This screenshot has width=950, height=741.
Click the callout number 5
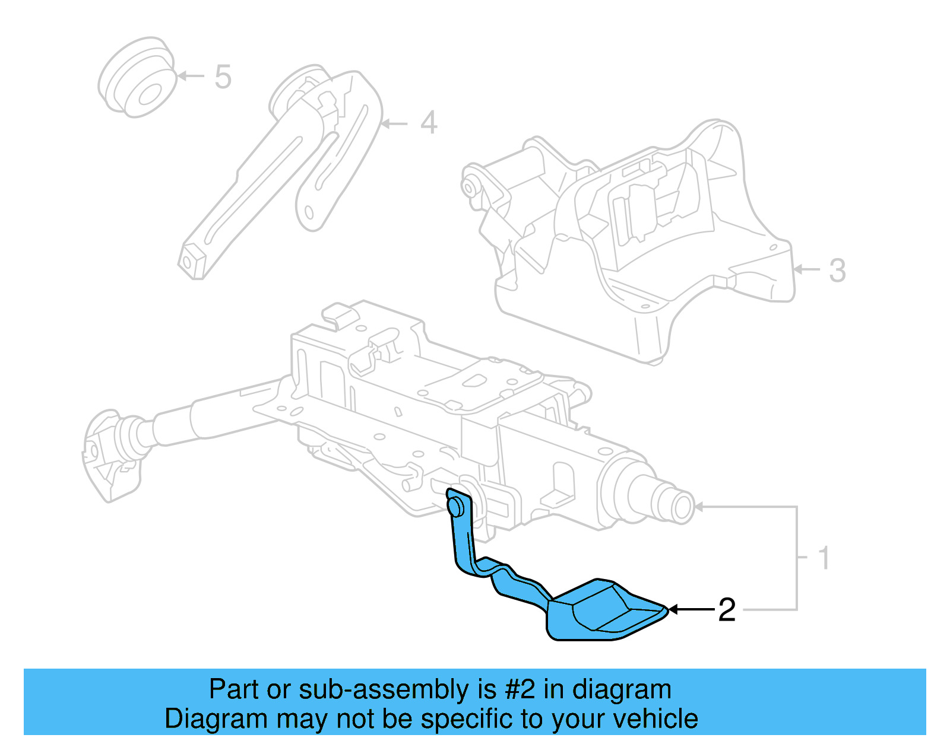pyautogui.click(x=223, y=77)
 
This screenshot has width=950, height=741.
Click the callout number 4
pyautogui.click(x=429, y=123)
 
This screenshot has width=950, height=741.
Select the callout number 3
pyautogui.click(x=837, y=271)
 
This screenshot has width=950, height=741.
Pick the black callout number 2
pyautogui.click(x=727, y=610)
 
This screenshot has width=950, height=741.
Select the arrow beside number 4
pyautogui.click(x=394, y=123)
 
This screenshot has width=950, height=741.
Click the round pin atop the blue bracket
pyautogui.click(x=456, y=506)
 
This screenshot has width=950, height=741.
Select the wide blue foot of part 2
pyautogui.click(x=600, y=611)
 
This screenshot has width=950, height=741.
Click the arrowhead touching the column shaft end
pyautogui.click(x=699, y=507)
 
